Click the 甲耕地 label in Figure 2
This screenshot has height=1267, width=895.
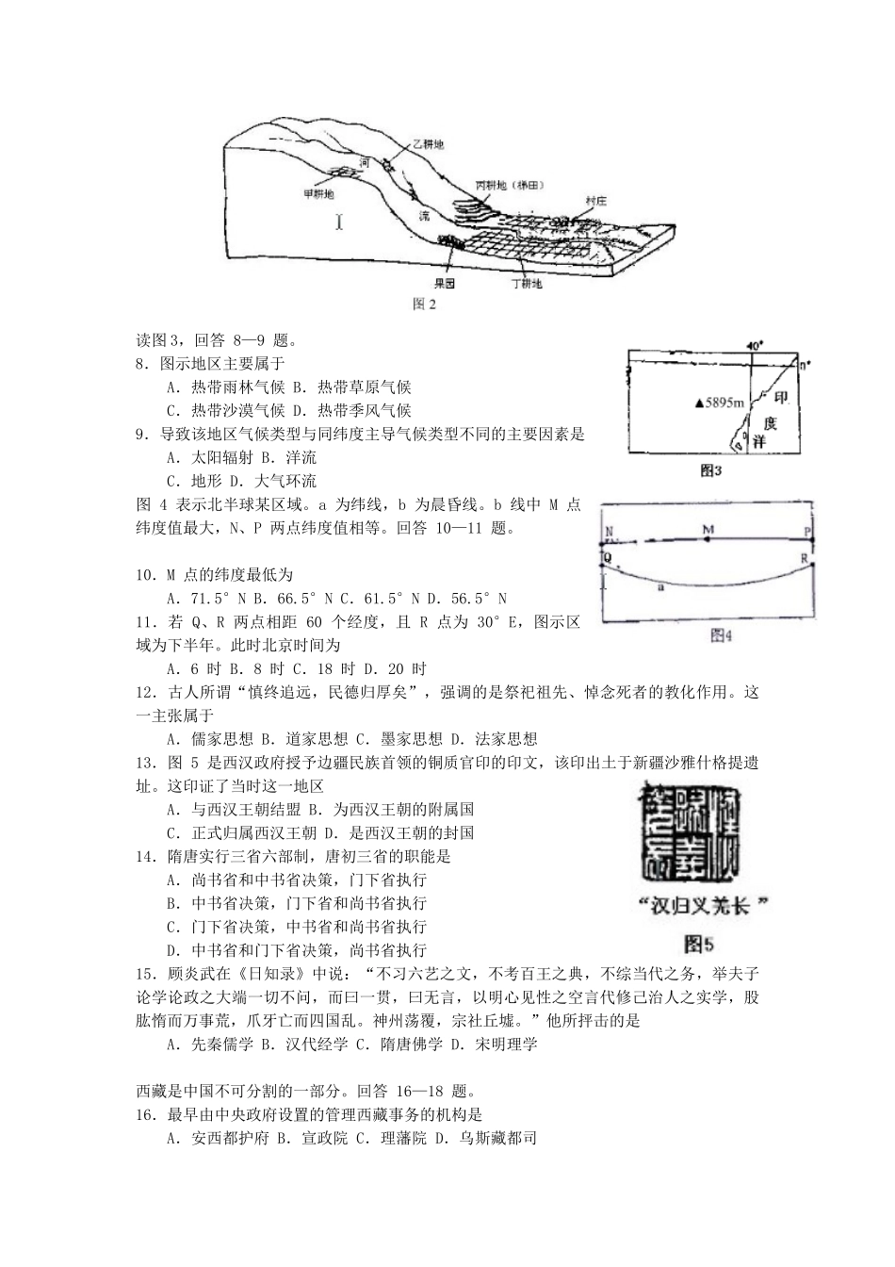[317, 194]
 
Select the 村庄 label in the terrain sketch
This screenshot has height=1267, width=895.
[595, 201]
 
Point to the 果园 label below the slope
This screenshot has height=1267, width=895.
[445, 282]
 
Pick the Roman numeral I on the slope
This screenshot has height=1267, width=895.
[339, 222]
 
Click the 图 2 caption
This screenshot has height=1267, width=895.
[425, 304]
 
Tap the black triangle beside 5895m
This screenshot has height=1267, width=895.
[698, 403]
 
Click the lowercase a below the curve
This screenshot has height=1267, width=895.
[659, 586]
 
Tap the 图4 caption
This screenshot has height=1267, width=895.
[721, 637]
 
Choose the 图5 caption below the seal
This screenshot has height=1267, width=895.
[700, 941]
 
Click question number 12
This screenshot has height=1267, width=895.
[145, 693]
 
